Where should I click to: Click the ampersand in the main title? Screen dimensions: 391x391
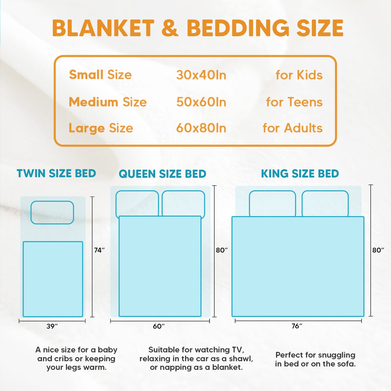[170, 28]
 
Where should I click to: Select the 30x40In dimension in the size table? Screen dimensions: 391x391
[201, 75]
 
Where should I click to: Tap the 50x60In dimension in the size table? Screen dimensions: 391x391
[201, 102]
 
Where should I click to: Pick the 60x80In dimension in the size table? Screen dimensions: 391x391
[201, 128]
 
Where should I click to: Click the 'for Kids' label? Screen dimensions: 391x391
[299, 75]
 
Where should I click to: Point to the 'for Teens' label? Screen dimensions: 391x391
[294, 102]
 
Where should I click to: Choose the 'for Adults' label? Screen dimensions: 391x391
[293, 128]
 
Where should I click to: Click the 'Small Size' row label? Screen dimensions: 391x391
[100, 75]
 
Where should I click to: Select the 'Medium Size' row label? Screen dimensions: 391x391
[108, 102]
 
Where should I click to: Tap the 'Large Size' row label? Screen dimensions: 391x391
[101, 128]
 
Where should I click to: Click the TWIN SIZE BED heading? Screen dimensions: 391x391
[56, 173]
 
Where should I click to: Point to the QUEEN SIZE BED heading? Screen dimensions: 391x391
[162, 174]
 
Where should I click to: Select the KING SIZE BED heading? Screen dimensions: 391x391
[300, 173]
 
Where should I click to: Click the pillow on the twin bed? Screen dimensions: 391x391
[52, 212]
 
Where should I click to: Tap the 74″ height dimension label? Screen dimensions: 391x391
[99, 250]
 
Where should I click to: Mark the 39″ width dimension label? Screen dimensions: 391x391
[52, 326]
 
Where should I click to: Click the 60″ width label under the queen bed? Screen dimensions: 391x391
[159, 326]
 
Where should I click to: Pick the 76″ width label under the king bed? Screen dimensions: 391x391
[297, 326]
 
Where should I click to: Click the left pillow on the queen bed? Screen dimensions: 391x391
[137, 203]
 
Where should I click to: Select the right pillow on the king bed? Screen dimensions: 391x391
[325, 203]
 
